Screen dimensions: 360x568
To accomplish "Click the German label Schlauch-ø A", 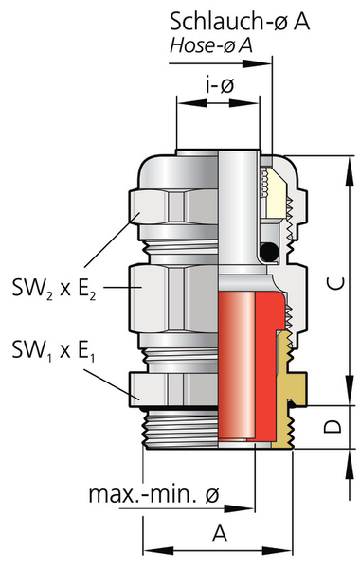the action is [x=240, y=22].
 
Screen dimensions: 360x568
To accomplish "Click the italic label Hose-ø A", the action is [x=211, y=46].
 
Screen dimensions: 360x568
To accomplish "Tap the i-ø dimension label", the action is [x=220, y=85].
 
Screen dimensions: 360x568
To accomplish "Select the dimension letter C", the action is [x=337, y=282].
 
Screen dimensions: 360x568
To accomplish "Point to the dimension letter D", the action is [x=333, y=427].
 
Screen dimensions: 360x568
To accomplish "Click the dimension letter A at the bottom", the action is [x=220, y=533].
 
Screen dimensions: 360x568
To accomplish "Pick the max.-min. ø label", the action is [x=154, y=494].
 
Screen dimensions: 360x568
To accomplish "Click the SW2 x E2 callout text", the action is [x=54, y=290].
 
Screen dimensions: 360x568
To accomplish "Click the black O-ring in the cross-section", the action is [x=269, y=251].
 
